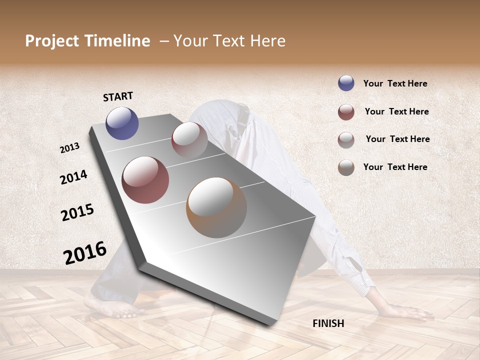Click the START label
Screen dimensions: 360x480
click(x=118, y=96)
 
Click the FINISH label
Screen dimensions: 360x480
click(x=328, y=323)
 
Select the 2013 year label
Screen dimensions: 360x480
click(x=70, y=147)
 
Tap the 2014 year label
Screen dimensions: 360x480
click(x=73, y=177)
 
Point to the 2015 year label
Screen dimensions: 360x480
click(x=77, y=212)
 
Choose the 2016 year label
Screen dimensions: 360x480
click(x=85, y=252)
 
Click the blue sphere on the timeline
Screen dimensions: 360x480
click(x=122, y=123)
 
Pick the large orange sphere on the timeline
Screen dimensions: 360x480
click(x=216, y=207)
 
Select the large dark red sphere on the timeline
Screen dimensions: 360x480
click(x=145, y=180)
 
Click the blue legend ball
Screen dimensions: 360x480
click(x=346, y=83)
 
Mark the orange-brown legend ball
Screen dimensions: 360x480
click(x=346, y=167)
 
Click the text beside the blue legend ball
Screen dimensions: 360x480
click(x=395, y=83)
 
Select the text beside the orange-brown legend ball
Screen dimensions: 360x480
click(x=395, y=167)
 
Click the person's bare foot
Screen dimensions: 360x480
click(x=110, y=307)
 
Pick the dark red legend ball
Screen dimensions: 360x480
click(x=346, y=112)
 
